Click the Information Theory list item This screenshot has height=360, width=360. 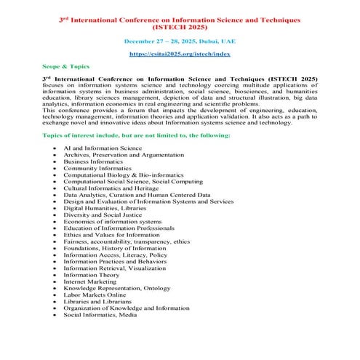tap(91, 275)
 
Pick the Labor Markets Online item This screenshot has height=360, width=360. tap(95, 295)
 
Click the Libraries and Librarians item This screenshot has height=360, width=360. tap(98, 302)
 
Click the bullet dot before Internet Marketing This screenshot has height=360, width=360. tap(55, 282)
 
